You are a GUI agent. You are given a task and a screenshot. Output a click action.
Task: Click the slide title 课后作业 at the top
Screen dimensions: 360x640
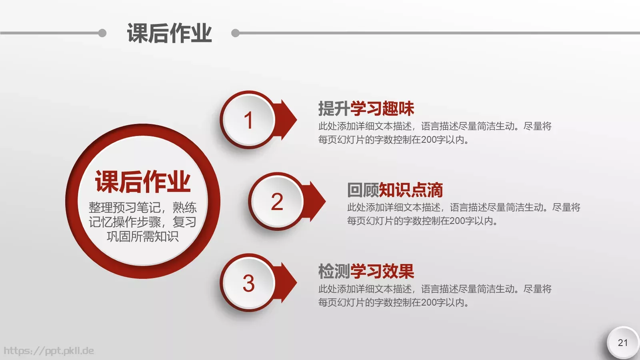169,33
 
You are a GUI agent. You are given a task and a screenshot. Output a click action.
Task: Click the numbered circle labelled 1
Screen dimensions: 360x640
248,120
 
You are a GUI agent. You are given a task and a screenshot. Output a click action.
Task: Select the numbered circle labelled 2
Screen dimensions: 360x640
277,201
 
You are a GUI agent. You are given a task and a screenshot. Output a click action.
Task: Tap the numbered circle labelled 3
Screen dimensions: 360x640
248,283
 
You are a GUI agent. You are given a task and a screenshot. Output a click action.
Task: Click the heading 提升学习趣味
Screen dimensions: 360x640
366,108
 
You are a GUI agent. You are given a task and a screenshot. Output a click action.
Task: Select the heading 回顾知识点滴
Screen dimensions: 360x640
395,190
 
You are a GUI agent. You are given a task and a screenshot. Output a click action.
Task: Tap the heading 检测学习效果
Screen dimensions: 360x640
366,271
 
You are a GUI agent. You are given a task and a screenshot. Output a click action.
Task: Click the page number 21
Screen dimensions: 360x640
623,343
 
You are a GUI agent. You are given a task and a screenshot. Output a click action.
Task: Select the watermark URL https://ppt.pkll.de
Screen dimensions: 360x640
49,351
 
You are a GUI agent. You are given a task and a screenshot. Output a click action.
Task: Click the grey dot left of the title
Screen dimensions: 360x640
102,33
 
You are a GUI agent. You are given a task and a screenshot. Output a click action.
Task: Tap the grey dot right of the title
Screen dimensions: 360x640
236,33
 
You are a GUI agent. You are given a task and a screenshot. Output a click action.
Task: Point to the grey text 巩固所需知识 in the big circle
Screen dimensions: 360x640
143,236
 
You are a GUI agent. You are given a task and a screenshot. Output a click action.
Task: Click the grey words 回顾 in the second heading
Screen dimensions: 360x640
363,190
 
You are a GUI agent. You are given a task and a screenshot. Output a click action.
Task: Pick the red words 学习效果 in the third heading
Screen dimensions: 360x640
382,271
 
